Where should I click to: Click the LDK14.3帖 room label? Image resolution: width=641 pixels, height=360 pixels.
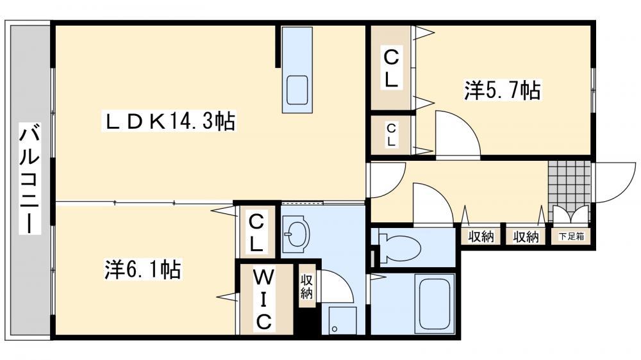tap(169, 121)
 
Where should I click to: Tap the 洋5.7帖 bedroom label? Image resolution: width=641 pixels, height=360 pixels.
tap(503, 90)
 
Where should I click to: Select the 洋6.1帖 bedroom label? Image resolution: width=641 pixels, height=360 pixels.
tap(143, 269)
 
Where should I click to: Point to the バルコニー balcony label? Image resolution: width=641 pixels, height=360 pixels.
tap(30, 178)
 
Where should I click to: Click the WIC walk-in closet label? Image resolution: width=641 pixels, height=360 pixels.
tap(263, 300)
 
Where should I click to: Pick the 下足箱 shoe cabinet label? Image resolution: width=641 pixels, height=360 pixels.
tap(571, 236)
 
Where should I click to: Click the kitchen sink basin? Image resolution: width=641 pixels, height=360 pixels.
tap(297, 90)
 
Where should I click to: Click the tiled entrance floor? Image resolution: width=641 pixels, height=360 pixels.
tap(569, 183)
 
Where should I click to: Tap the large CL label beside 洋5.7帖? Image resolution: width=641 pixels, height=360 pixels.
tap(391, 68)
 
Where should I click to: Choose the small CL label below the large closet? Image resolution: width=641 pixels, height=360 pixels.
tap(391, 135)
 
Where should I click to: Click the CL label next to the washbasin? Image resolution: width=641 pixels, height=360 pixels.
tap(256, 234)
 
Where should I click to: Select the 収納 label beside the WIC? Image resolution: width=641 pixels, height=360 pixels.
tap(306, 286)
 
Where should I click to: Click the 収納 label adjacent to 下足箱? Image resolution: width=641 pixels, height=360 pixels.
tap(526, 236)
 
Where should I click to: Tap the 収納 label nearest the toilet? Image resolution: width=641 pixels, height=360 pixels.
tap(481, 236)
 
